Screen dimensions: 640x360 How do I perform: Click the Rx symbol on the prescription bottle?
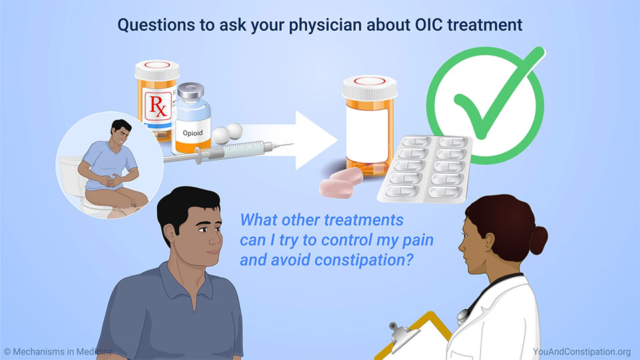[x=158, y=106]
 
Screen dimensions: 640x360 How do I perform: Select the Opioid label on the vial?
[x=193, y=133]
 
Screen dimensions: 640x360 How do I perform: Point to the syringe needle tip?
[x=293, y=144]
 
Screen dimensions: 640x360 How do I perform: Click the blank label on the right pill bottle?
[x=367, y=135]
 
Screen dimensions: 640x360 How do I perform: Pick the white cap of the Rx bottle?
[x=157, y=70]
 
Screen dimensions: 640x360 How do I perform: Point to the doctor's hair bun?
[x=539, y=240]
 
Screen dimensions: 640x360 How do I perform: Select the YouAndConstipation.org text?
[x=581, y=351]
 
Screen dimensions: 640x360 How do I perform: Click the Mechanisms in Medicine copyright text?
[x=58, y=351]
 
